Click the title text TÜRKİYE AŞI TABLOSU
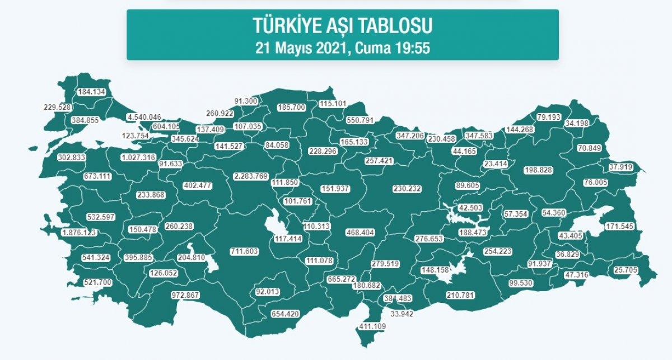342,26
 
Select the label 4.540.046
144,118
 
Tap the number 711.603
244,251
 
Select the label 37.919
626,166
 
